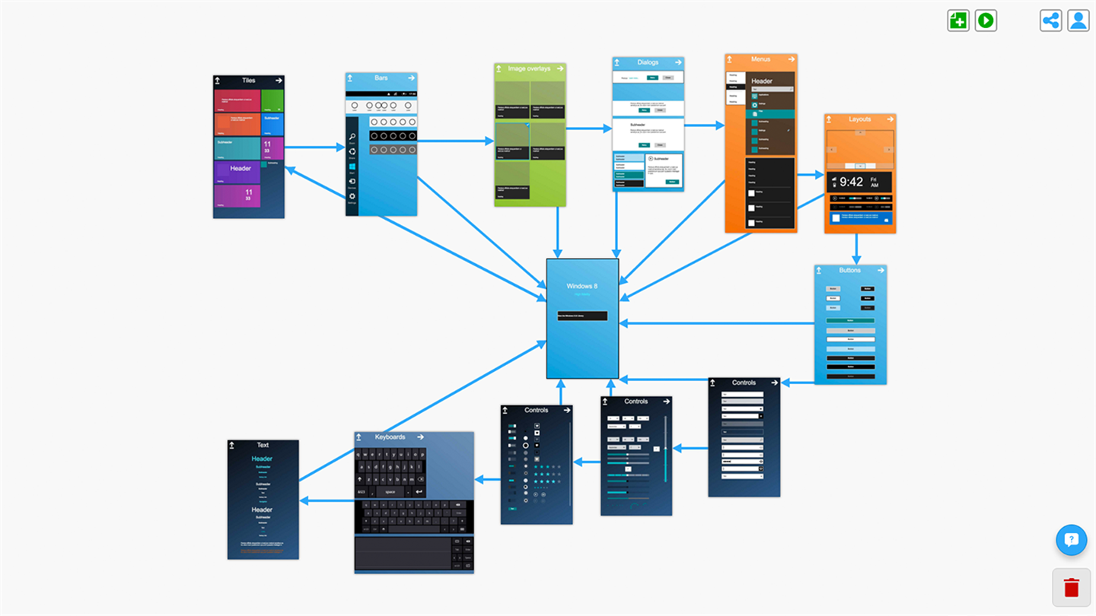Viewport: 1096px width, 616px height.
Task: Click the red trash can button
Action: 1072,587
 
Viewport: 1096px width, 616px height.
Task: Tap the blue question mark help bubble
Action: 1072,540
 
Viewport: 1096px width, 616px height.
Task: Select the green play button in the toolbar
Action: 986,21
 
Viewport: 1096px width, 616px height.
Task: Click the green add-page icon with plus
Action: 958,21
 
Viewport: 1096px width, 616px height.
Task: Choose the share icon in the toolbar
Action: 1051,21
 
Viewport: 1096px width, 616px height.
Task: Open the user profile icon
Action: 1078,21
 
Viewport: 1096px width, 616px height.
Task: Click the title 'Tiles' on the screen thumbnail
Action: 249,81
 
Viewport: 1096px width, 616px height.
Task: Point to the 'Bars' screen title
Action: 381,78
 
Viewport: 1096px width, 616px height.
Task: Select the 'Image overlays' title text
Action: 529,69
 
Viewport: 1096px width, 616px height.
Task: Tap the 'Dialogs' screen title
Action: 648,62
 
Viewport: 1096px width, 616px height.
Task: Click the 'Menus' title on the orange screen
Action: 760,59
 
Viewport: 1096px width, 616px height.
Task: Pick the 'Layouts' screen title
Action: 860,119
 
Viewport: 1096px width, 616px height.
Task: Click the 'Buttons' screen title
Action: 850,270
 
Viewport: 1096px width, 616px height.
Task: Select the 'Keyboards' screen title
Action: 390,437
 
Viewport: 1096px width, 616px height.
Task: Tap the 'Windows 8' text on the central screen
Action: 582,286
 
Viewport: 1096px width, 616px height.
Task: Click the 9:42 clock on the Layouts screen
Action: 851,182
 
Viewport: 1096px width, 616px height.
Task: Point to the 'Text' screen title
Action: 263,446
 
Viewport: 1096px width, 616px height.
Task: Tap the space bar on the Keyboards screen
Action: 390,492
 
